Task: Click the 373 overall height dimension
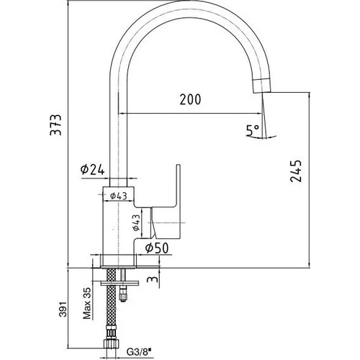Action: [55, 125]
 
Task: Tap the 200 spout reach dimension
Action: [190, 99]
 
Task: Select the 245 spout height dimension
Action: [296, 171]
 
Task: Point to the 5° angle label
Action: [252, 130]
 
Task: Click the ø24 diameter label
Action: [93, 170]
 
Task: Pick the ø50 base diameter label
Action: [157, 248]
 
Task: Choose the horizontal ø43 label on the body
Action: [119, 196]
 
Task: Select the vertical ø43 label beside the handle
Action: [136, 222]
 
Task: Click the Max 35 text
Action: [87, 303]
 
